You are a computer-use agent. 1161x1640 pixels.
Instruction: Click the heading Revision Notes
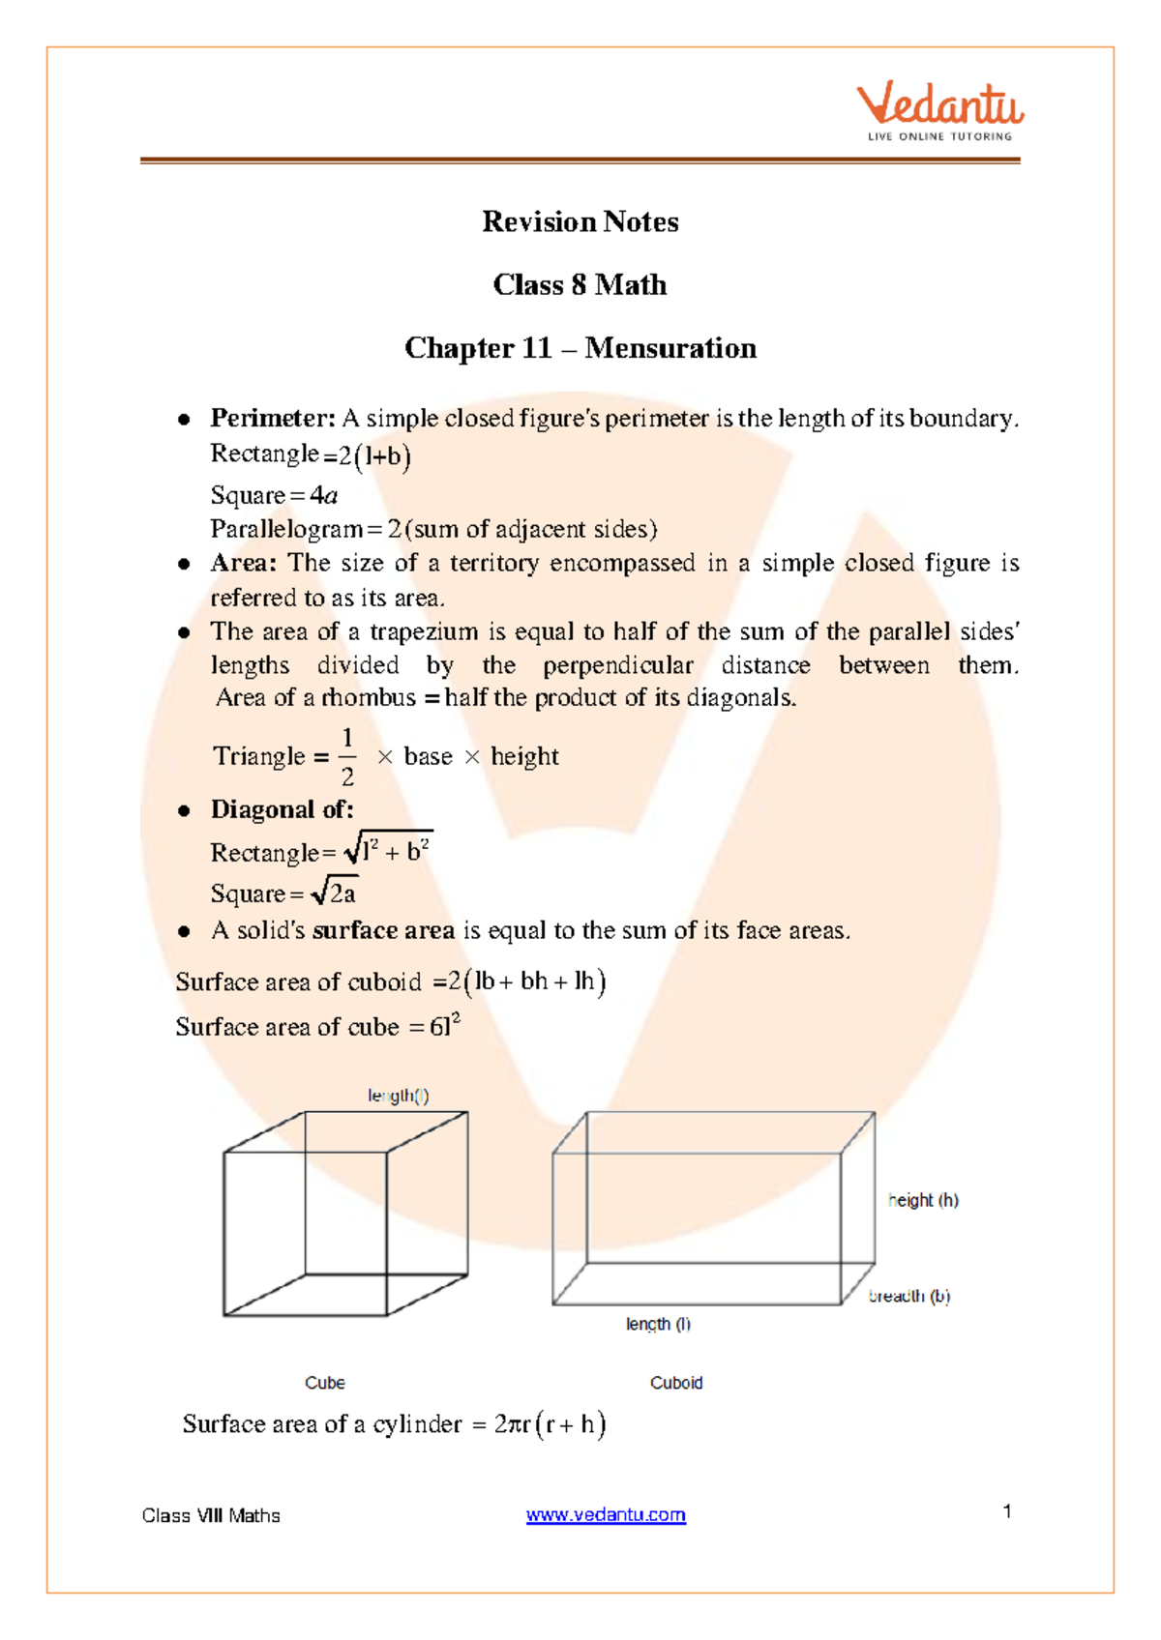coord(580,222)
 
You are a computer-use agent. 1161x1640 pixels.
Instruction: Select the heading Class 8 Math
coord(580,285)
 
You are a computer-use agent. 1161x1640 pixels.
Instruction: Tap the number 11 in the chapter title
coord(536,348)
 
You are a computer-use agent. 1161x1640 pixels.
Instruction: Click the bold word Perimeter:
coord(273,419)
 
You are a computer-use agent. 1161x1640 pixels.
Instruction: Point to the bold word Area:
coord(244,563)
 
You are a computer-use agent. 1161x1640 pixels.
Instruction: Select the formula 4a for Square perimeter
coord(324,496)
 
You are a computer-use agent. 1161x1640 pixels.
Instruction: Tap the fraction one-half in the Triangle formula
coord(347,757)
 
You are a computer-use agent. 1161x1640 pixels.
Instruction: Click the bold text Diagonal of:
coord(282,809)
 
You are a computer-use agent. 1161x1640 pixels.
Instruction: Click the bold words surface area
coord(384,930)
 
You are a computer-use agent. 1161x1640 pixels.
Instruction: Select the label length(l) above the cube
coord(398,1096)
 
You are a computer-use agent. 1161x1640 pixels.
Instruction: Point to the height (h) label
coord(923,1200)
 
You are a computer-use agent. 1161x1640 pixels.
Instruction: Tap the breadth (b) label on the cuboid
coord(909,1296)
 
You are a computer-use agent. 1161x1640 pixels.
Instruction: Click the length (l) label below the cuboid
coord(658,1324)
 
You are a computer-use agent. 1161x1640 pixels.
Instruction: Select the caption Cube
coord(324,1383)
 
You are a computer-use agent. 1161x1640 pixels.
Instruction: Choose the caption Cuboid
coord(675,1383)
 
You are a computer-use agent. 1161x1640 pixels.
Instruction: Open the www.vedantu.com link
coord(606,1515)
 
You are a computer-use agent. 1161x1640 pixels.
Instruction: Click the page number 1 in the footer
coord(1007,1511)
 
